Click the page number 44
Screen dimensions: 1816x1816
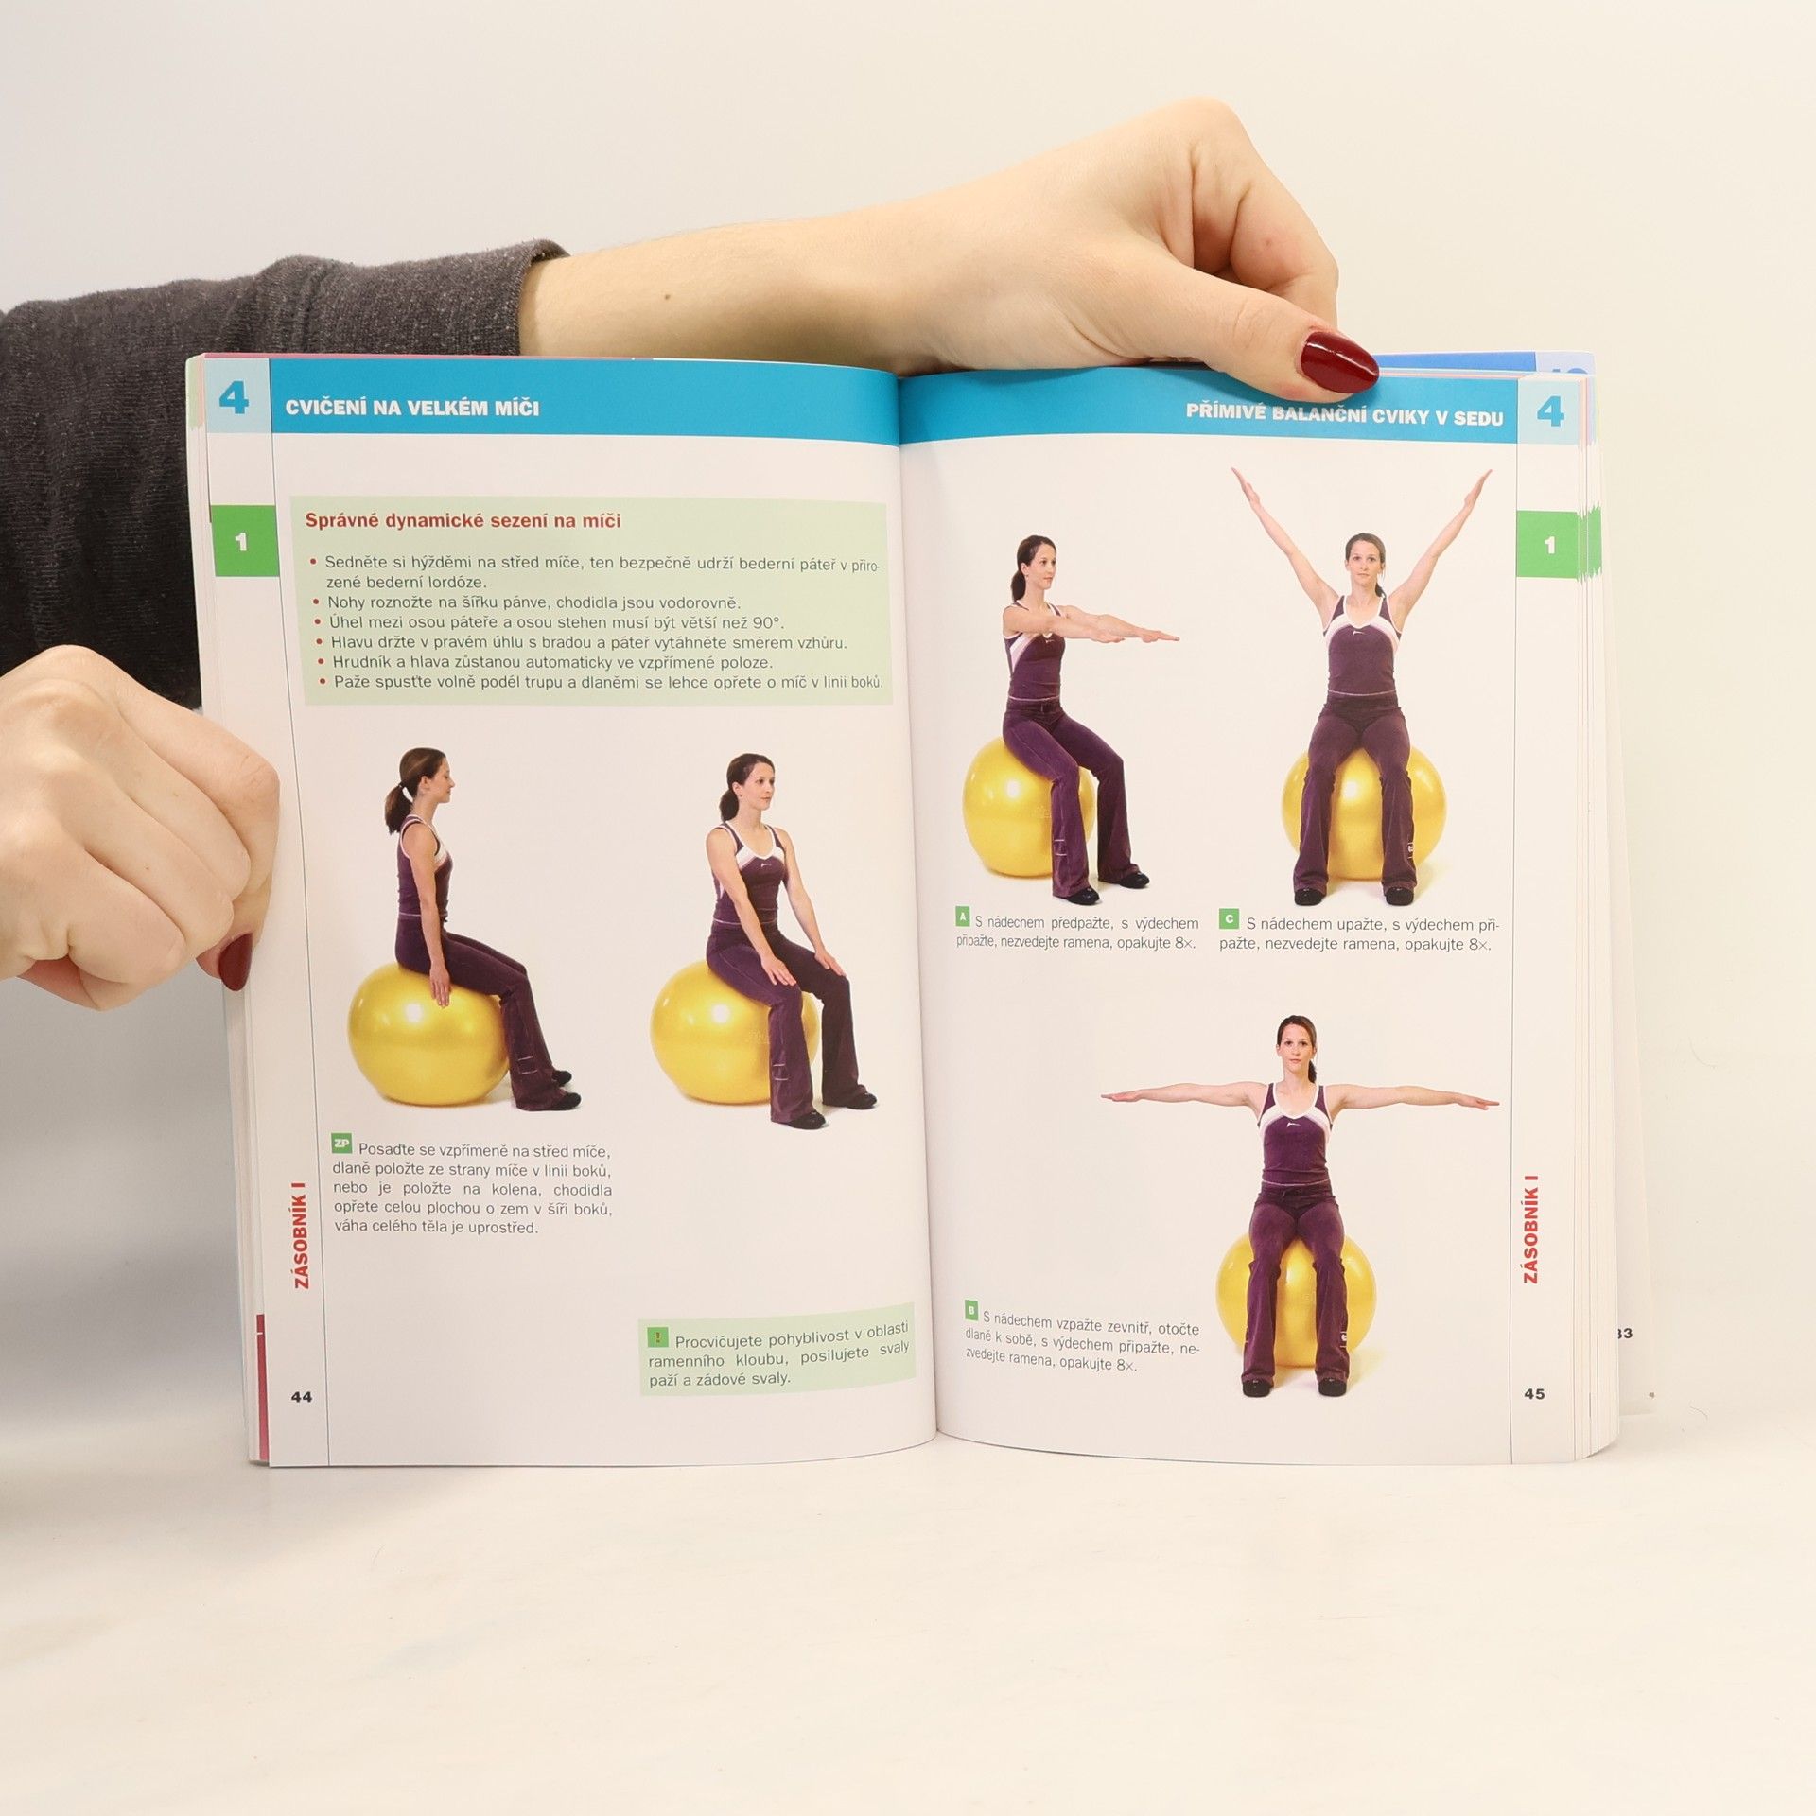(x=301, y=1397)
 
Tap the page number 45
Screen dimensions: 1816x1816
(x=1534, y=1393)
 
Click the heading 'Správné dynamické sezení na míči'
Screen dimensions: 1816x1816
(x=463, y=520)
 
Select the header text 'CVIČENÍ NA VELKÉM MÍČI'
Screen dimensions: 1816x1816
(x=412, y=409)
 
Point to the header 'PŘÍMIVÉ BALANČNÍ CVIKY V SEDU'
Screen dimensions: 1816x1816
(x=1344, y=414)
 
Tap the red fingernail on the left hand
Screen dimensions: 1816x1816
(x=235, y=961)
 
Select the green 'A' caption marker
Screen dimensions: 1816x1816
(x=963, y=917)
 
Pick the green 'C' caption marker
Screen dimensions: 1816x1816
(x=1229, y=918)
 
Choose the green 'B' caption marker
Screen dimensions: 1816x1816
(x=971, y=1310)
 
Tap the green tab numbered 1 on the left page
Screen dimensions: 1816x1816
(x=243, y=541)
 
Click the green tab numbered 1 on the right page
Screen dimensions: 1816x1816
(x=1548, y=545)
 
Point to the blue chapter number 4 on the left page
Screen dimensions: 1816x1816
(x=234, y=398)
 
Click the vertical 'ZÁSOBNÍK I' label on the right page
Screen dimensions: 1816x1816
(x=1530, y=1230)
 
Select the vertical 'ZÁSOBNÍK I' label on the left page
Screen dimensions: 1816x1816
(x=301, y=1233)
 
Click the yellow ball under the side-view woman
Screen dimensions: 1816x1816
(x=428, y=1034)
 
